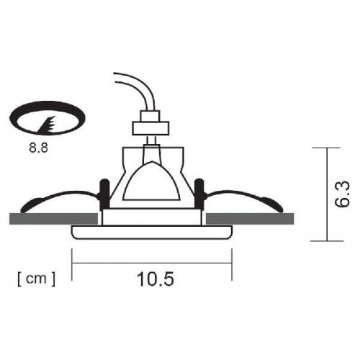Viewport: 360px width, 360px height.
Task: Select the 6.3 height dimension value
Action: point(343,194)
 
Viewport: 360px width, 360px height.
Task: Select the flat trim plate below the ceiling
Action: point(152,232)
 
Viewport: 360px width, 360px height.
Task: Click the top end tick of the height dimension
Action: point(328,147)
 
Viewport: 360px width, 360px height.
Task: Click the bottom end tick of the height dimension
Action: point(328,240)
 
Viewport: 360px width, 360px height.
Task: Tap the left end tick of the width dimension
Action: point(73,262)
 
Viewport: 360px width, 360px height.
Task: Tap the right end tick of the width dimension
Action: point(231,262)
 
